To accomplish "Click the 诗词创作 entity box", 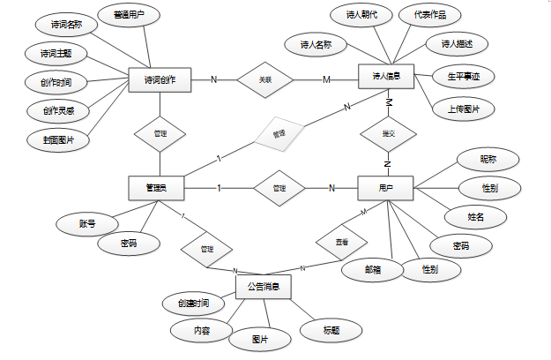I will (x=160, y=80).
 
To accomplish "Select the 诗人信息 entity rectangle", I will (x=385, y=77).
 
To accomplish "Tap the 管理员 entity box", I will (x=160, y=187).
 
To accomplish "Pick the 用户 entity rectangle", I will (x=385, y=187).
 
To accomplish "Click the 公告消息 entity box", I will (x=264, y=287).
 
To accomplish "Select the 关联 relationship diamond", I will (x=264, y=80).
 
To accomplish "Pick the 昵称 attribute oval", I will (x=488, y=160).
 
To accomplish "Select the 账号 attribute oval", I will (x=82, y=224).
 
